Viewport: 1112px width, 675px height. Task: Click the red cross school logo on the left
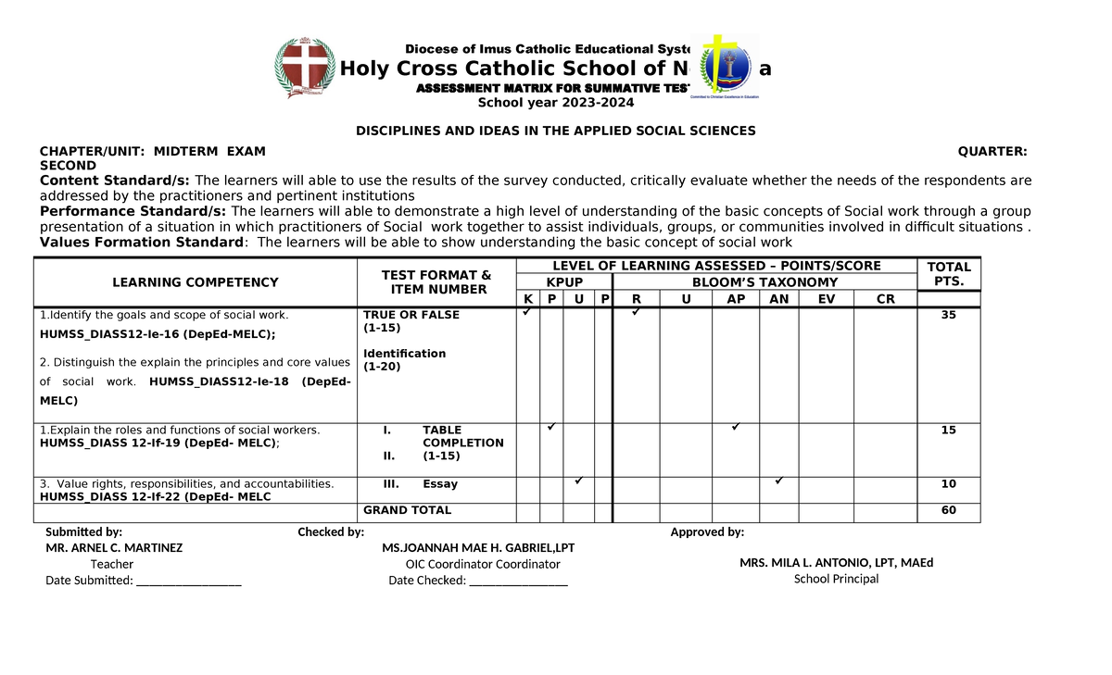[x=305, y=69]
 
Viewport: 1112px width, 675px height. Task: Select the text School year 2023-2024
[x=555, y=103]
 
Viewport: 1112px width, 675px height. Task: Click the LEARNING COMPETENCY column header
[x=196, y=282]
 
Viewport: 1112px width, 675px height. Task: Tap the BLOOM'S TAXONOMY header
[x=764, y=282]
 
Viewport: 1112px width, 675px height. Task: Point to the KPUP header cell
[x=564, y=282]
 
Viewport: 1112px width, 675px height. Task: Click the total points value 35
[x=948, y=315]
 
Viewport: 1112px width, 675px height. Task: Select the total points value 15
[x=948, y=431]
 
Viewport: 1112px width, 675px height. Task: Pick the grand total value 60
[x=948, y=510]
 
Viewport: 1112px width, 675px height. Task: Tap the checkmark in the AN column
[x=779, y=481]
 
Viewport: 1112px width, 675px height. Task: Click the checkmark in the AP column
[x=735, y=427]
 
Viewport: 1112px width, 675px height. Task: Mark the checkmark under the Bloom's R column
[x=636, y=313]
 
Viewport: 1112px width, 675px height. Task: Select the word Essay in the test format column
[x=439, y=484]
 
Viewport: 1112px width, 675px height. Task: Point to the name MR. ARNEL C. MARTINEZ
[x=114, y=547]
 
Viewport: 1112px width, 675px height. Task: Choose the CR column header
[x=886, y=299]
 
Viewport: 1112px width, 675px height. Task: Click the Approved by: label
[x=707, y=532]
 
